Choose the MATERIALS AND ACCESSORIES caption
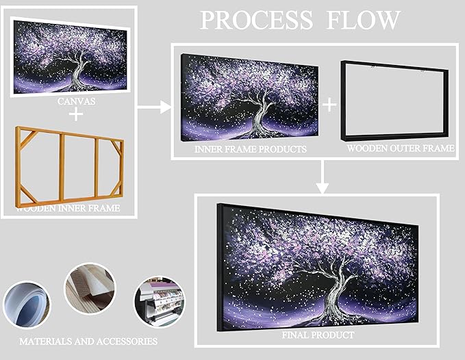[88, 341]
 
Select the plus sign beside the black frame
[329, 104]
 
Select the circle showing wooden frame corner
[90, 290]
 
